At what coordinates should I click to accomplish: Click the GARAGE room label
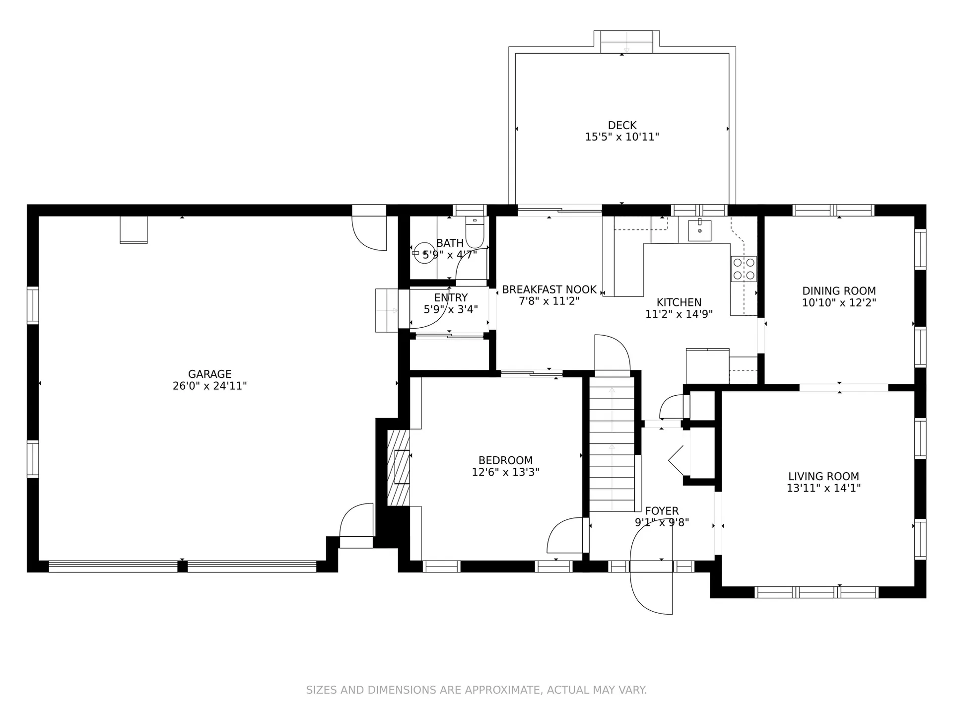pyautogui.click(x=209, y=374)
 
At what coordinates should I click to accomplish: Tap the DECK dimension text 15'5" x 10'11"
pyautogui.click(x=622, y=137)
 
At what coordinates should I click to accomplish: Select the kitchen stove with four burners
pyautogui.click(x=744, y=269)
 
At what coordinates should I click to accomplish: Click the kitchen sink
pyautogui.click(x=699, y=230)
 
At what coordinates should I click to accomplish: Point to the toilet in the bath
pyautogui.click(x=475, y=232)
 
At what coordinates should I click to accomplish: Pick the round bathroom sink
pyautogui.click(x=424, y=253)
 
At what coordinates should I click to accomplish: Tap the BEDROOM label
pyautogui.click(x=505, y=460)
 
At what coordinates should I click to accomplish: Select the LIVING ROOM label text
pyautogui.click(x=823, y=477)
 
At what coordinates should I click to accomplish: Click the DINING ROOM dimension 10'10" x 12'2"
pyautogui.click(x=839, y=302)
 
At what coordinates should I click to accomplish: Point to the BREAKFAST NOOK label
pyautogui.click(x=549, y=289)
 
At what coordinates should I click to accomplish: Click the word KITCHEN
pyautogui.click(x=679, y=302)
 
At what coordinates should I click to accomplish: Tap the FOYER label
pyautogui.click(x=662, y=511)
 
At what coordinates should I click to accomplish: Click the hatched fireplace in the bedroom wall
pyautogui.click(x=398, y=467)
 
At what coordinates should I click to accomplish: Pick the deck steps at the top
pyautogui.click(x=626, y=42)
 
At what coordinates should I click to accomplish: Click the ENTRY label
pyautogui.click(x=451, y=297)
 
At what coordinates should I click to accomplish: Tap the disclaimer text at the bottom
pyautogui.click(x=476, y=690)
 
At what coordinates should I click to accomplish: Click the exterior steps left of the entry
pyautogui.click(x=387, y=310)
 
